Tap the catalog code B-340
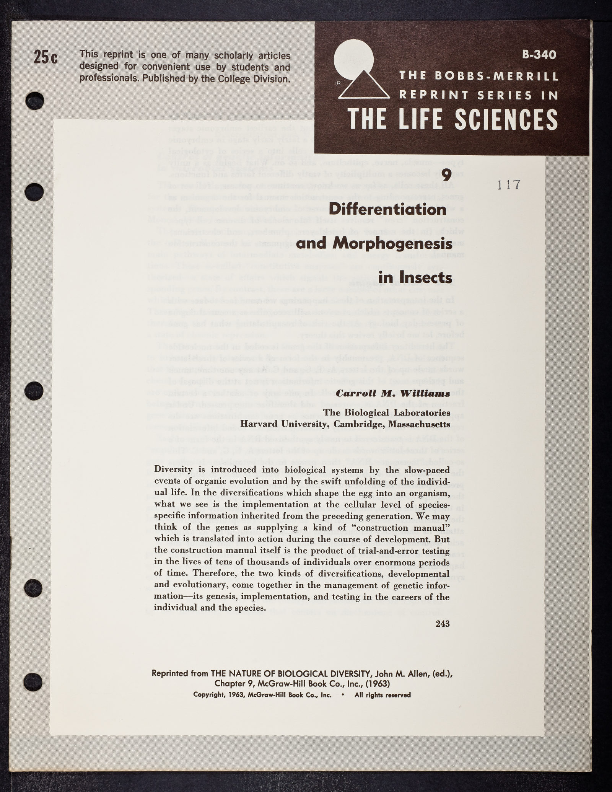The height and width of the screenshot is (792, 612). click(x=539, y=55)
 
